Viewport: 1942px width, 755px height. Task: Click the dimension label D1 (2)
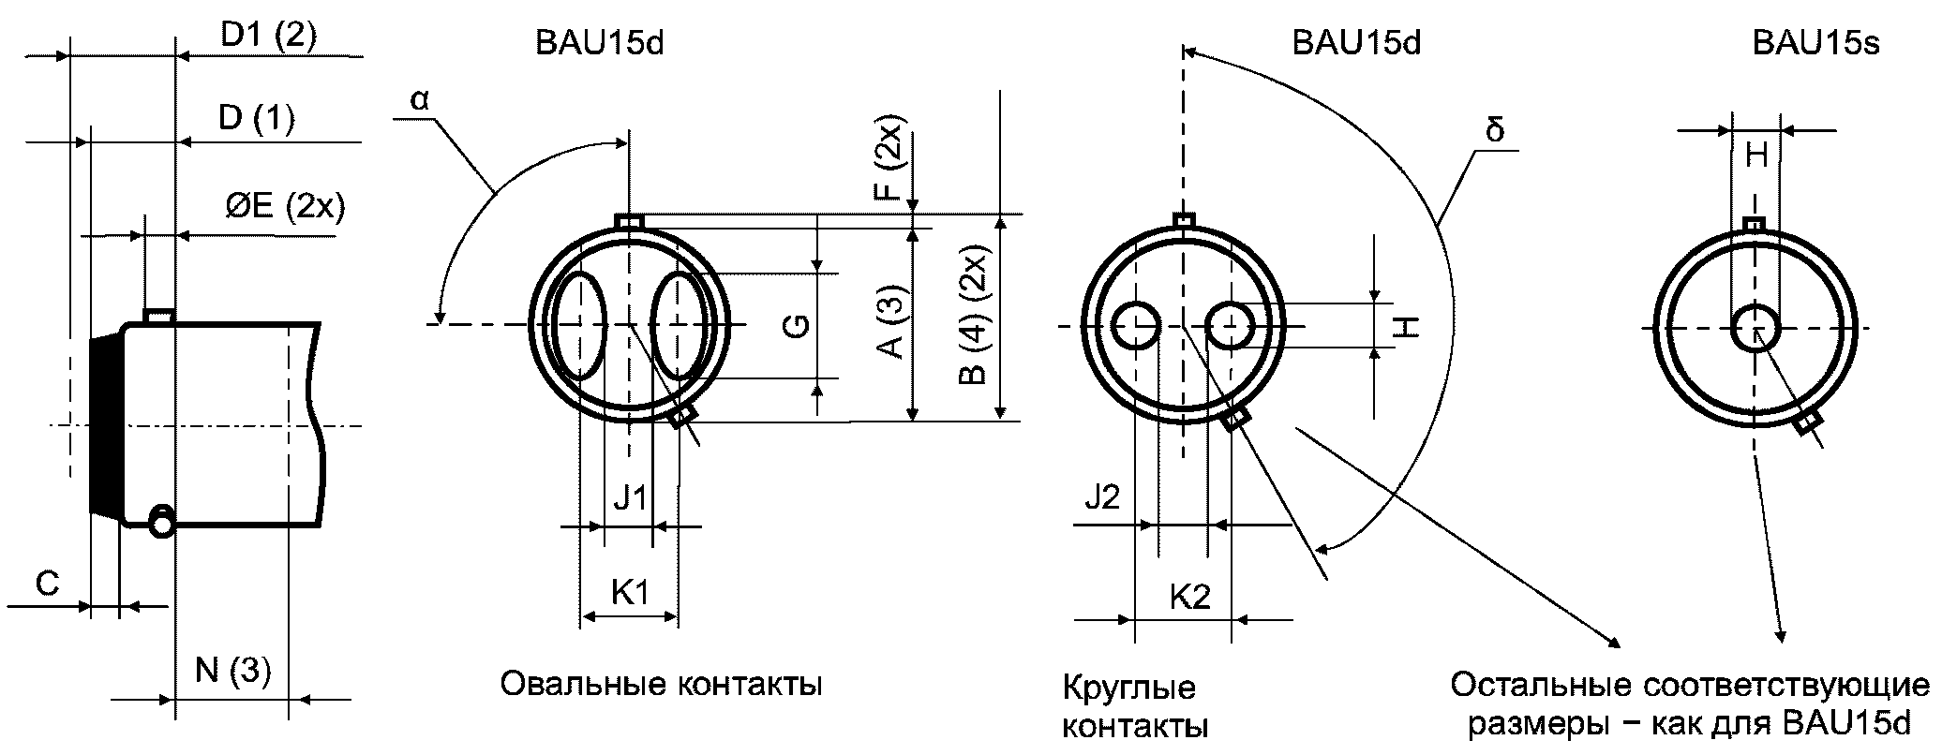268,36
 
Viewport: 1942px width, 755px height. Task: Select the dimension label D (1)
255,119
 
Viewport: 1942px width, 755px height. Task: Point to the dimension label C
47,584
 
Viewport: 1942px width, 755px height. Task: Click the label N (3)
232,672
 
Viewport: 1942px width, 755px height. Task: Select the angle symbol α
419,100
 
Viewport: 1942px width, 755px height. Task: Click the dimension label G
796,326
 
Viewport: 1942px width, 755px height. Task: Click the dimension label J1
629,497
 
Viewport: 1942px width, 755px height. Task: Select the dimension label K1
630,592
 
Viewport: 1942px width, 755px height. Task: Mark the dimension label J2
1102,496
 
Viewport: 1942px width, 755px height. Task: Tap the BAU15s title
1815,44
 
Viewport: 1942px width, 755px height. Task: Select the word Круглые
1128,688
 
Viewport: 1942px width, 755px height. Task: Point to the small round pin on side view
161,522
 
